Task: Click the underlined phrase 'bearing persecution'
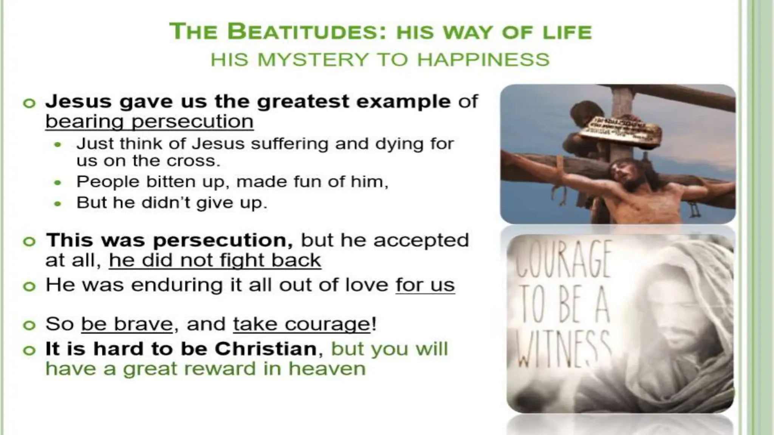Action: pyautogui.click(x=149, y=122)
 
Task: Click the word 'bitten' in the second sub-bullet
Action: pyautogui.click(x=172, y=182)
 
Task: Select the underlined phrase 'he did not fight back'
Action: pyautogui.click(x=215, y=260)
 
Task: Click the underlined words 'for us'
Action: pyautogui.click(x=425, y=285)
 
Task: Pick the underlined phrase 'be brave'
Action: pyautogui.click(x=127, y=324)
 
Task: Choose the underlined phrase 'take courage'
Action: pyautogui.click(x=301, y=324)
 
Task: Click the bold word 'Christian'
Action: pyautogui.click(x=265, y=349)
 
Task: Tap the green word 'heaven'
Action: pyautogui.click(x=327, y=369)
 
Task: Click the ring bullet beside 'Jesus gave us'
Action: pyautogui.click(x=29, y=103)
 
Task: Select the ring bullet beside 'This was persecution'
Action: pyautogui.click(x=29, y=241)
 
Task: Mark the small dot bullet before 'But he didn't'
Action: pyautogui.click(x=57, y=204)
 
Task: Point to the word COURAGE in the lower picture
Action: pyautogui.click(x=563, y=259)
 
